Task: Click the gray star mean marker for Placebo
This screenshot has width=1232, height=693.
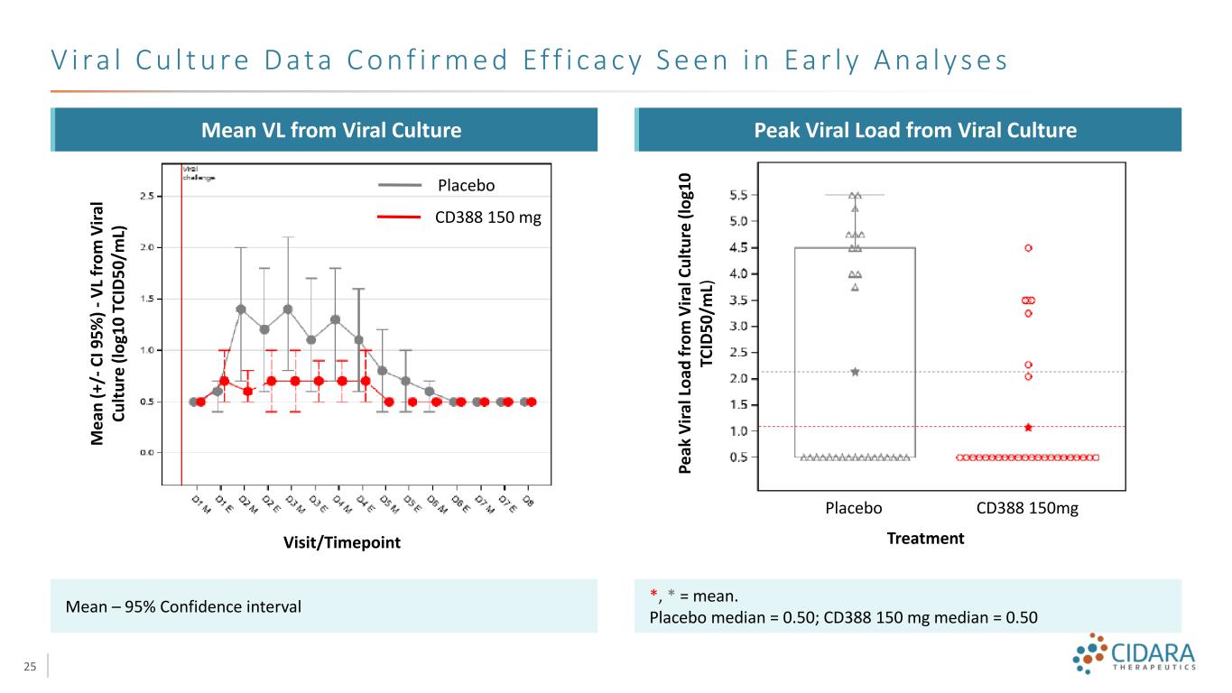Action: [855, 372]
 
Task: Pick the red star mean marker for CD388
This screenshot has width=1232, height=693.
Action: [1028, 427]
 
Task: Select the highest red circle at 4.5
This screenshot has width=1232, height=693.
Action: [1028, 247]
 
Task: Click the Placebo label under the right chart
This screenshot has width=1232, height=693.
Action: [853, 508]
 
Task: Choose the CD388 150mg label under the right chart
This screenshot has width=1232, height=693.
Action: [1027, 508]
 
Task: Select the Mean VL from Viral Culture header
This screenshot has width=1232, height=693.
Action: [323, 130]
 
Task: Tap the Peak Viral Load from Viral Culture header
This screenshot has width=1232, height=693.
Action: [908, 130]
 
